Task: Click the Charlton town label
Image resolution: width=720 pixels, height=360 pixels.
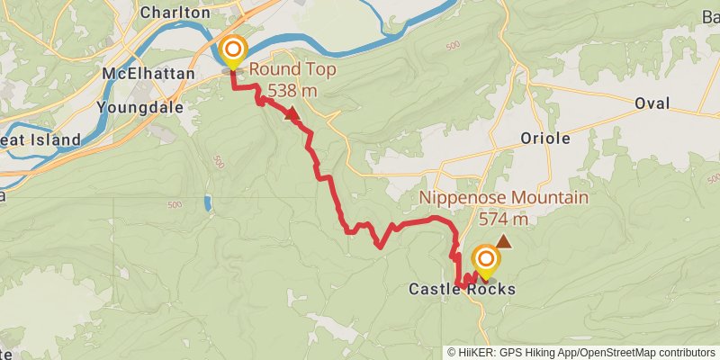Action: pyautogui.click(x=175, y=13)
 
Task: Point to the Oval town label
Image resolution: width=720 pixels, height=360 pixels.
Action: pyautogui.click(x=652, y=103)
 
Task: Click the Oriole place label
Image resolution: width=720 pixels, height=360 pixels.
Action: pyautogui.click(x=545, y=138)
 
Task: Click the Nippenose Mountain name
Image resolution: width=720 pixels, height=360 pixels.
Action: pyautogui.click(x=504, y=198)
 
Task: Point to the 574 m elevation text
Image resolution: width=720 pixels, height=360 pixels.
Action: pyautogui.click(x=503, y=219)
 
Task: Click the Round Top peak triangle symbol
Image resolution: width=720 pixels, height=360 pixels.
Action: pyautogui.click(x=291, y=113)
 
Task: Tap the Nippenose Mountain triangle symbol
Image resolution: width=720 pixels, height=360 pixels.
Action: pyautogui.click(x=504, y=241)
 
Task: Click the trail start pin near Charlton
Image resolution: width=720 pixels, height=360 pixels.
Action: pyautogui.click(x=233, y=50)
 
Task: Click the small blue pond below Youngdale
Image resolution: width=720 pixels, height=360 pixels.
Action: pyautogui.click(x=209, y=203)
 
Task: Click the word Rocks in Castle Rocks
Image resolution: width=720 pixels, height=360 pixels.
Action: pyautogui.click(x=497, y=289)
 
